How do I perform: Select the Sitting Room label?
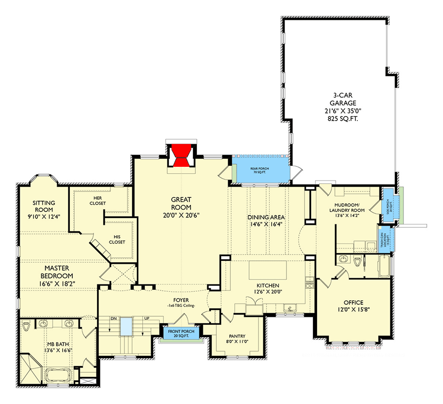(x=43, y=207)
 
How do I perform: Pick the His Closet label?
(x=117, y=239)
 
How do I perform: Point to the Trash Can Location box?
(x=383, y=239)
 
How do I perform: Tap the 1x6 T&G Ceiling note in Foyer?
(x=180, y=306)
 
